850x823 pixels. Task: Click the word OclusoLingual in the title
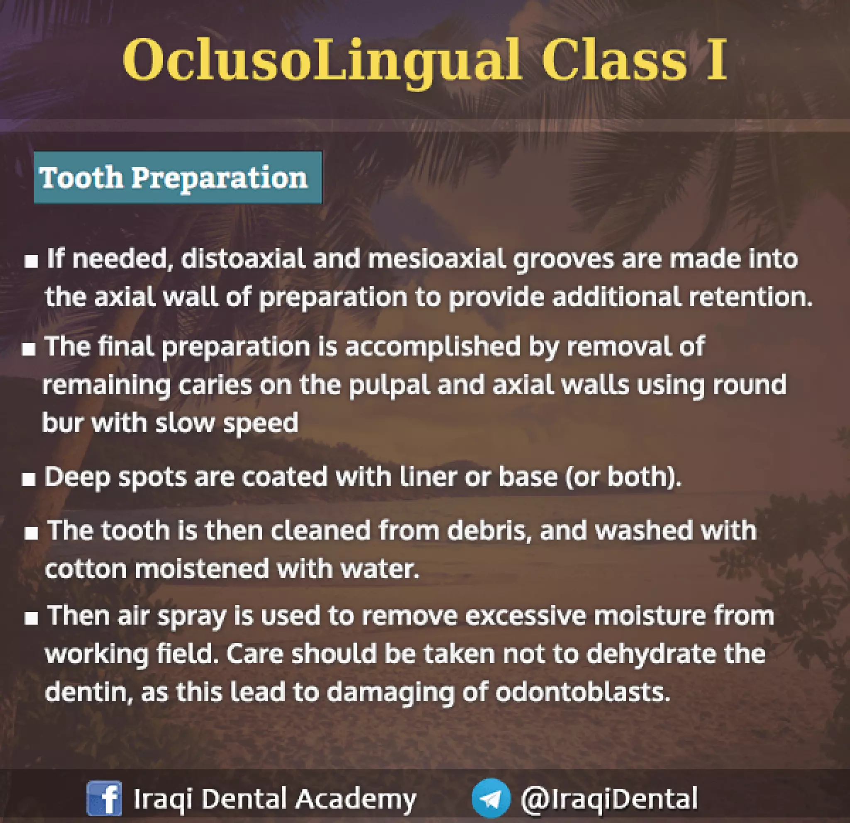[x=321, y=61]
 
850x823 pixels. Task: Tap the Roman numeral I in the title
[x=716, y=61]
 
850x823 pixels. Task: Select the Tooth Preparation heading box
[x=178, y=177]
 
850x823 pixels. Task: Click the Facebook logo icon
[x=104, y=798]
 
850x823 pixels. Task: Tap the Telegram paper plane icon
[x=491, y=798]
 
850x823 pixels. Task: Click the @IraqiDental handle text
[x=609, y=798]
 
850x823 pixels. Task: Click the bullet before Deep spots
[x=29, y=479]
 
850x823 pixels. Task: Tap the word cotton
[x=85, y=569]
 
